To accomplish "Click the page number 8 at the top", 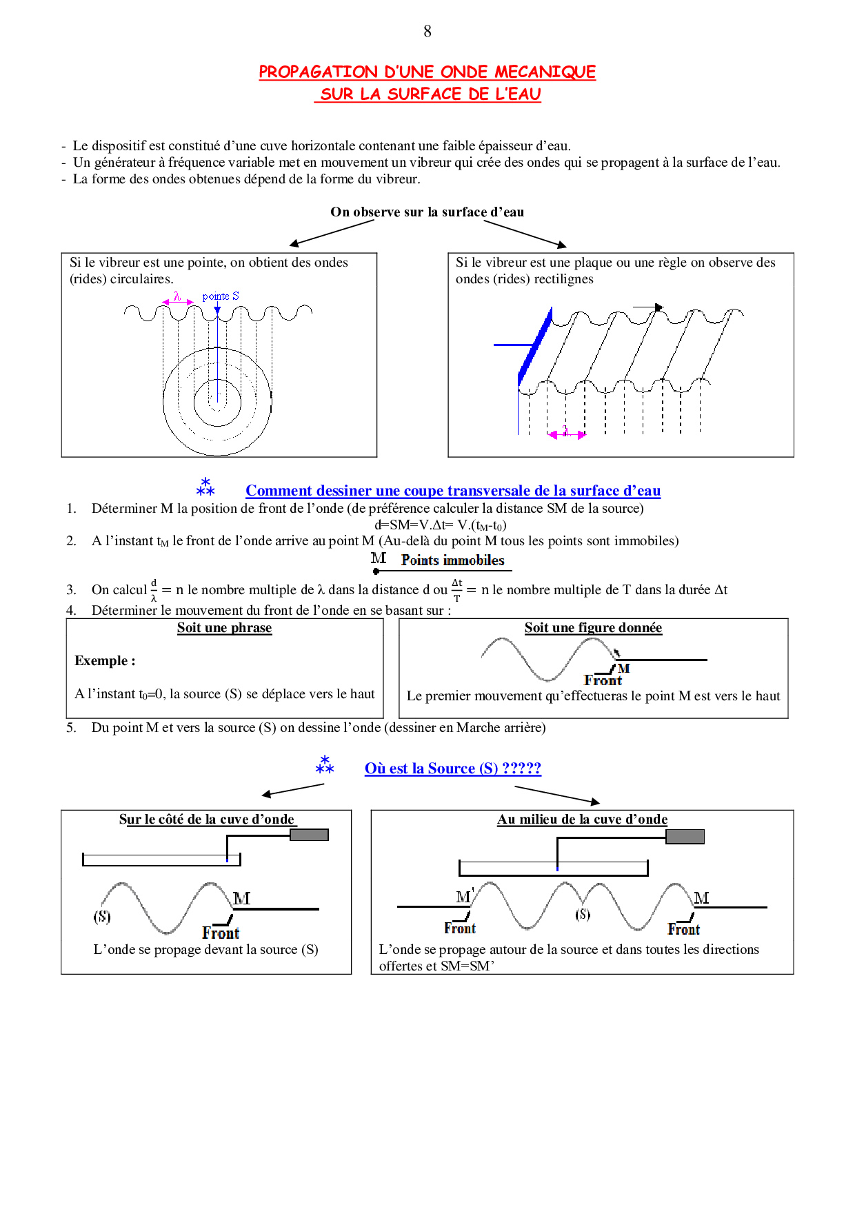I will (428, 31).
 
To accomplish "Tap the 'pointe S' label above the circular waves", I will (221, 296).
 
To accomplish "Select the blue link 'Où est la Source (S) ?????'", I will (452, 768).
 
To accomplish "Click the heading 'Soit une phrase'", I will (224, 628).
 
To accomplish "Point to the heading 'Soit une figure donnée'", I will (593, 628).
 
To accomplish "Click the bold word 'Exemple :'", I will (105, 660).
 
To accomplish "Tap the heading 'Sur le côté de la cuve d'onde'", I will (207, 820).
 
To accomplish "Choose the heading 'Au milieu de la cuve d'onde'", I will (582, 820).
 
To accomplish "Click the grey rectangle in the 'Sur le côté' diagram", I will (309, 835).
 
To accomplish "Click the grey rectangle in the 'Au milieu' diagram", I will (685, 836).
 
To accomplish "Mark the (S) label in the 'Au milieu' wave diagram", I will (583, 914).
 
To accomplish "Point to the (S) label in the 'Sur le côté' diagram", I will (102, 916).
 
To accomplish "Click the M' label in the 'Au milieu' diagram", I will (464, 896).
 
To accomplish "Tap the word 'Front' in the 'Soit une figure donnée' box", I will (603, 680).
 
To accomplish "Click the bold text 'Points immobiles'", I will (452, 560).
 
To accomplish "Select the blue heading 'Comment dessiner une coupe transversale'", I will (452, 491).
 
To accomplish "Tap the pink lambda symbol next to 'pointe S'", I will (177, 296).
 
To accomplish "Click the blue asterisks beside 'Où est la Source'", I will (324, 765).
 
